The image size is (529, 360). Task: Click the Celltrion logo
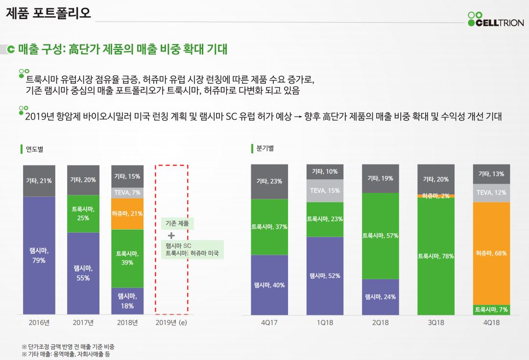point(495,19)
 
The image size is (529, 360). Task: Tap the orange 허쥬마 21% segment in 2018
point(127,214)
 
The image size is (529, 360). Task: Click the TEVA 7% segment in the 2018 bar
point(127,192)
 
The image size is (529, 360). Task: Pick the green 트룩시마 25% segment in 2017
point(83,214)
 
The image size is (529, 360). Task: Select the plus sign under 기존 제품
point(171,235)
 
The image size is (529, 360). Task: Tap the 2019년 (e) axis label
point(171,323)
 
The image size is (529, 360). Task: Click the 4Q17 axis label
point(269,323)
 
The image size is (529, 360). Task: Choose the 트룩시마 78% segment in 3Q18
point(435,256)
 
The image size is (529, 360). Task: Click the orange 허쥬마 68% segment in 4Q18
point(491,253)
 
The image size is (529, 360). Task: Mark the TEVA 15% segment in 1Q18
point(325,191)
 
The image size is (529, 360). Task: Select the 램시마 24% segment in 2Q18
point(380,297)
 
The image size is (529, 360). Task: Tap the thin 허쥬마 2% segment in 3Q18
point(435,196)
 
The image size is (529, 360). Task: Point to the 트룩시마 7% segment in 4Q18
point(491,310)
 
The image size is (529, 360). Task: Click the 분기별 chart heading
point(264,148)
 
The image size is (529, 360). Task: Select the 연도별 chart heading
point(34,149)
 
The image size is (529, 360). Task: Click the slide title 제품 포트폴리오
point(48,13)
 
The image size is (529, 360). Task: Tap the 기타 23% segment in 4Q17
point(269,181)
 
